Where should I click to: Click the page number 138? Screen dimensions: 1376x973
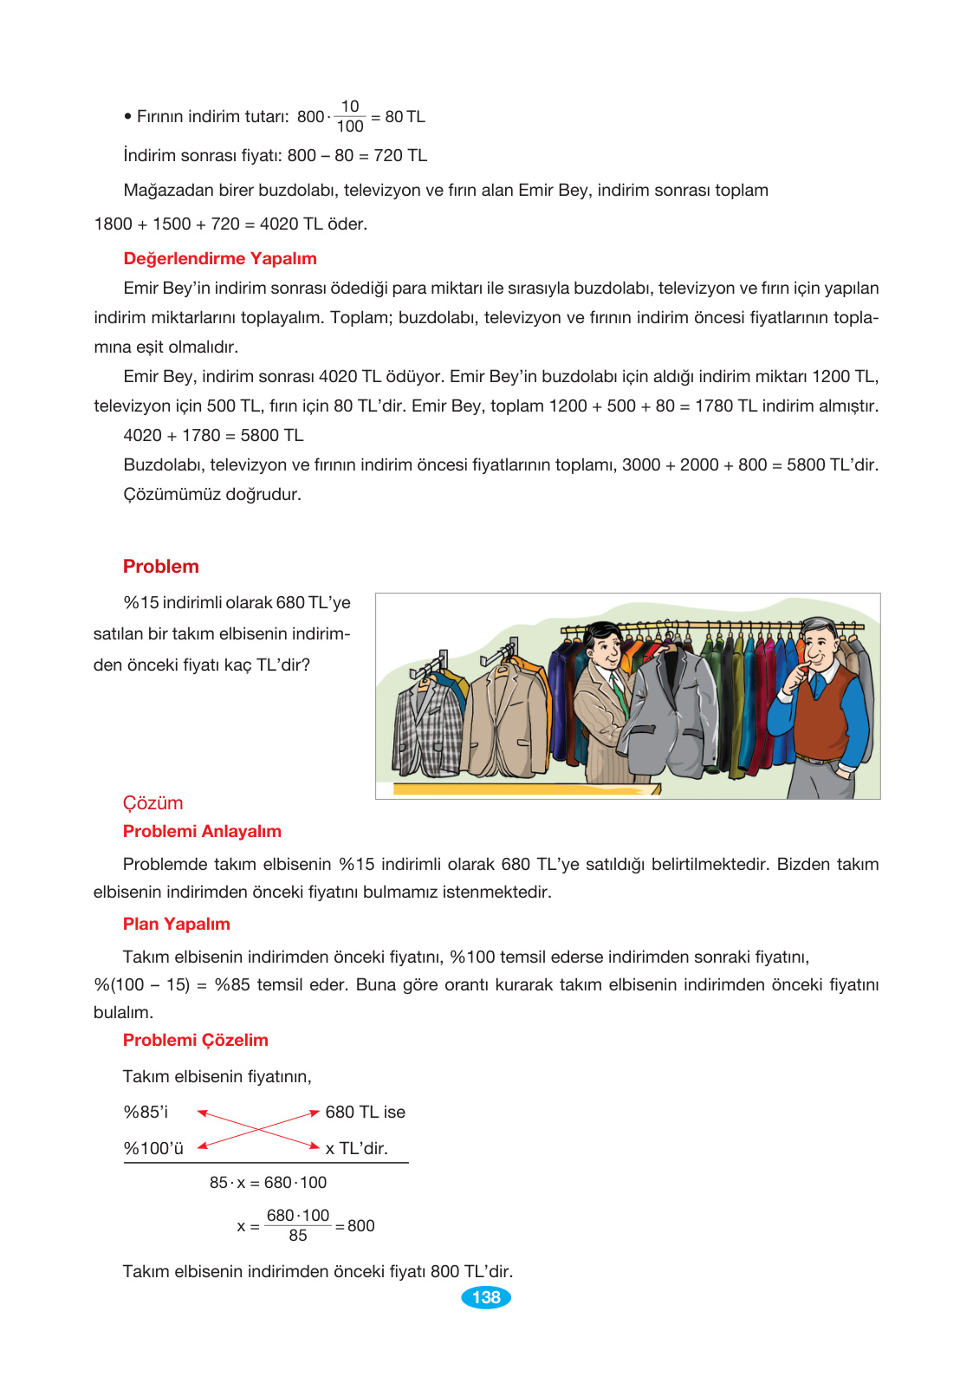pos(486,1297)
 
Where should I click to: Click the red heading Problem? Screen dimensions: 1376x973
pos(161,567)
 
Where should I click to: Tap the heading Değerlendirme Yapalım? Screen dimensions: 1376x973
pos(220,258)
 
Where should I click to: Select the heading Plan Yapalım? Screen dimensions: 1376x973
pos(177,924)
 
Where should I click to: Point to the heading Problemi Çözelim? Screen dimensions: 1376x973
pos(196,1040)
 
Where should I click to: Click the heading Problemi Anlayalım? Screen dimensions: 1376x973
pos(202,831)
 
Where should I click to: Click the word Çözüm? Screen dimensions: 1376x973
pos(152,803)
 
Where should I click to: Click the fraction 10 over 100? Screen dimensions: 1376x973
pos(349,116)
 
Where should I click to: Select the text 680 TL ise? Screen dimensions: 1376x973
pos(365,1112)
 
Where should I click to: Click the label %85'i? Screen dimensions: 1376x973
pos(146,1112)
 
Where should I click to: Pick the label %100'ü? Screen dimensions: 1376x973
pos(153,1148)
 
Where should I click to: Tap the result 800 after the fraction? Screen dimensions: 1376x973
pos(361,1225)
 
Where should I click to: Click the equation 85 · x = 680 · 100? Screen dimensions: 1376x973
pos(268,1182)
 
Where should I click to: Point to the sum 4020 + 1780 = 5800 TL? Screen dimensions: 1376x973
pos(213,435)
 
